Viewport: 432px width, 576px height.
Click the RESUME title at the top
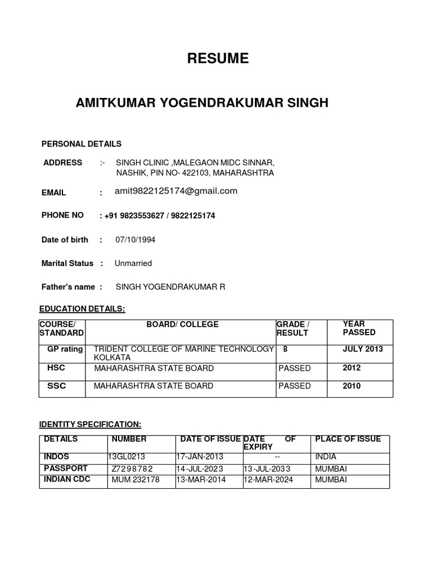point(218,58)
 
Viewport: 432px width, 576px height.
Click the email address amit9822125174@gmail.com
point(176,191)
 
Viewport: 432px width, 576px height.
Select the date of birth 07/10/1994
point(136,240)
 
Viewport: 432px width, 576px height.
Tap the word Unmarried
point(133,263)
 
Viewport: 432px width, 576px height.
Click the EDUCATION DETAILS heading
point(82,309)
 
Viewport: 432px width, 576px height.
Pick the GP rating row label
point(65,349)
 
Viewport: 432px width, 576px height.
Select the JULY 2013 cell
point(363,349)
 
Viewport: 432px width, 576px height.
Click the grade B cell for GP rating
point(285,349)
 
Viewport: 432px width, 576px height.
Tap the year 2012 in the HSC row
point(352,368)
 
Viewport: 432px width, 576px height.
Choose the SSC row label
point(56,386)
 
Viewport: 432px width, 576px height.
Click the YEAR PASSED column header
point(359,328)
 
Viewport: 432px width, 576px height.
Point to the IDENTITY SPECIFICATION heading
point(90,424)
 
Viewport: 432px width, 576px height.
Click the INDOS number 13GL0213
point(128,457)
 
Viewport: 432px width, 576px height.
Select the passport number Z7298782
point(132,469)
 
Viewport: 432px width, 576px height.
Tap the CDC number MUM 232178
point(136,480)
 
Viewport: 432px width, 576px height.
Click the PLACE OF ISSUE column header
point(348,439)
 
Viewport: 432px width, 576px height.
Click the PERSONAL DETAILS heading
point(82,144)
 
